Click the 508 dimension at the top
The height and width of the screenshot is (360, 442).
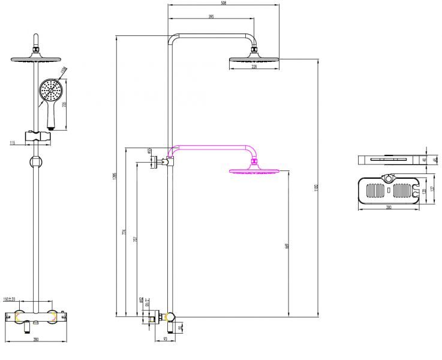pyautogui.click(x=224, y=3)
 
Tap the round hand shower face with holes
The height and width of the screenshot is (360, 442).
pyautogui.click(x=50, y=92)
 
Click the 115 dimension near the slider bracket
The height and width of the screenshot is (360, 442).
pyautogui.click(x=12, y=142)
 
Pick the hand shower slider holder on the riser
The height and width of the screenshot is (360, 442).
pyautogui.click(x=37, y=137)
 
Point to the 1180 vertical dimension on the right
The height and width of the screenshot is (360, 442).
pyautogui.click(x=317, y=187)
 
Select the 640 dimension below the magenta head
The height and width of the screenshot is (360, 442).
pyautogui.click(x=288, y=245)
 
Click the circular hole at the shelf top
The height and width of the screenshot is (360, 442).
pyautogui.click(x=390, y=179)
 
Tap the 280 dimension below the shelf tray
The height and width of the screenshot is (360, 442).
pyautogui.click(x=389, y=208)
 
